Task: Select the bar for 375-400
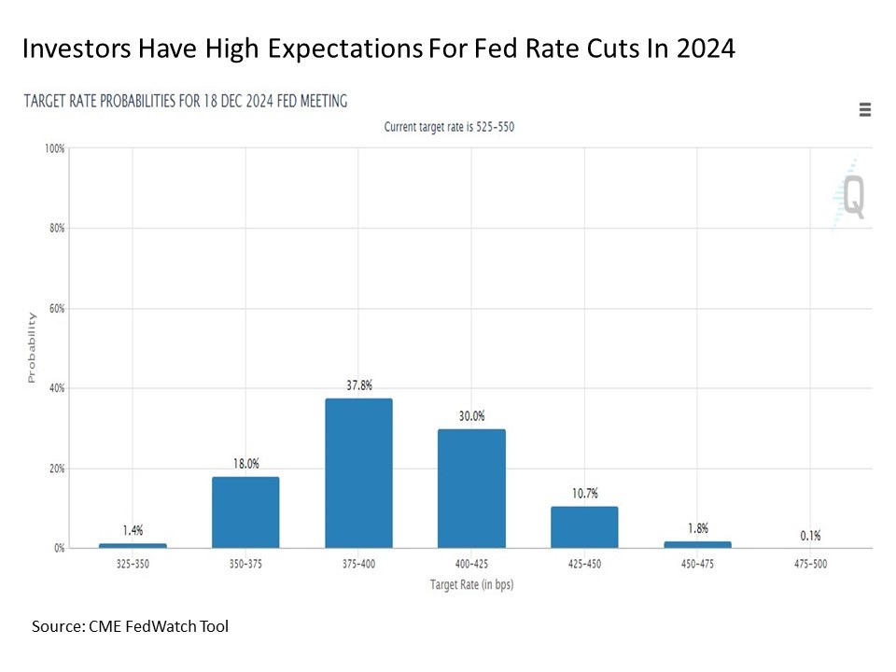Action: point(358,473)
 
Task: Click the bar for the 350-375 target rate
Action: point(245,512)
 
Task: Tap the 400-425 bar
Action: point(471,488)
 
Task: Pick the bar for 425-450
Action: point(584,527)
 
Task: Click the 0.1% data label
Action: point(810,535)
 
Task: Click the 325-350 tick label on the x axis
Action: point(133,565)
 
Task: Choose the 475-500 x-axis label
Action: point(810,565)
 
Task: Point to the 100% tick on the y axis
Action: point(53,148)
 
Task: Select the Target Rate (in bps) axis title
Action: point(471,585)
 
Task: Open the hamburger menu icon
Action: point(865,110)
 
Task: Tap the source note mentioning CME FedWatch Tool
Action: point(130,626)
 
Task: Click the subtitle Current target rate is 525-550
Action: point(449,127)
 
